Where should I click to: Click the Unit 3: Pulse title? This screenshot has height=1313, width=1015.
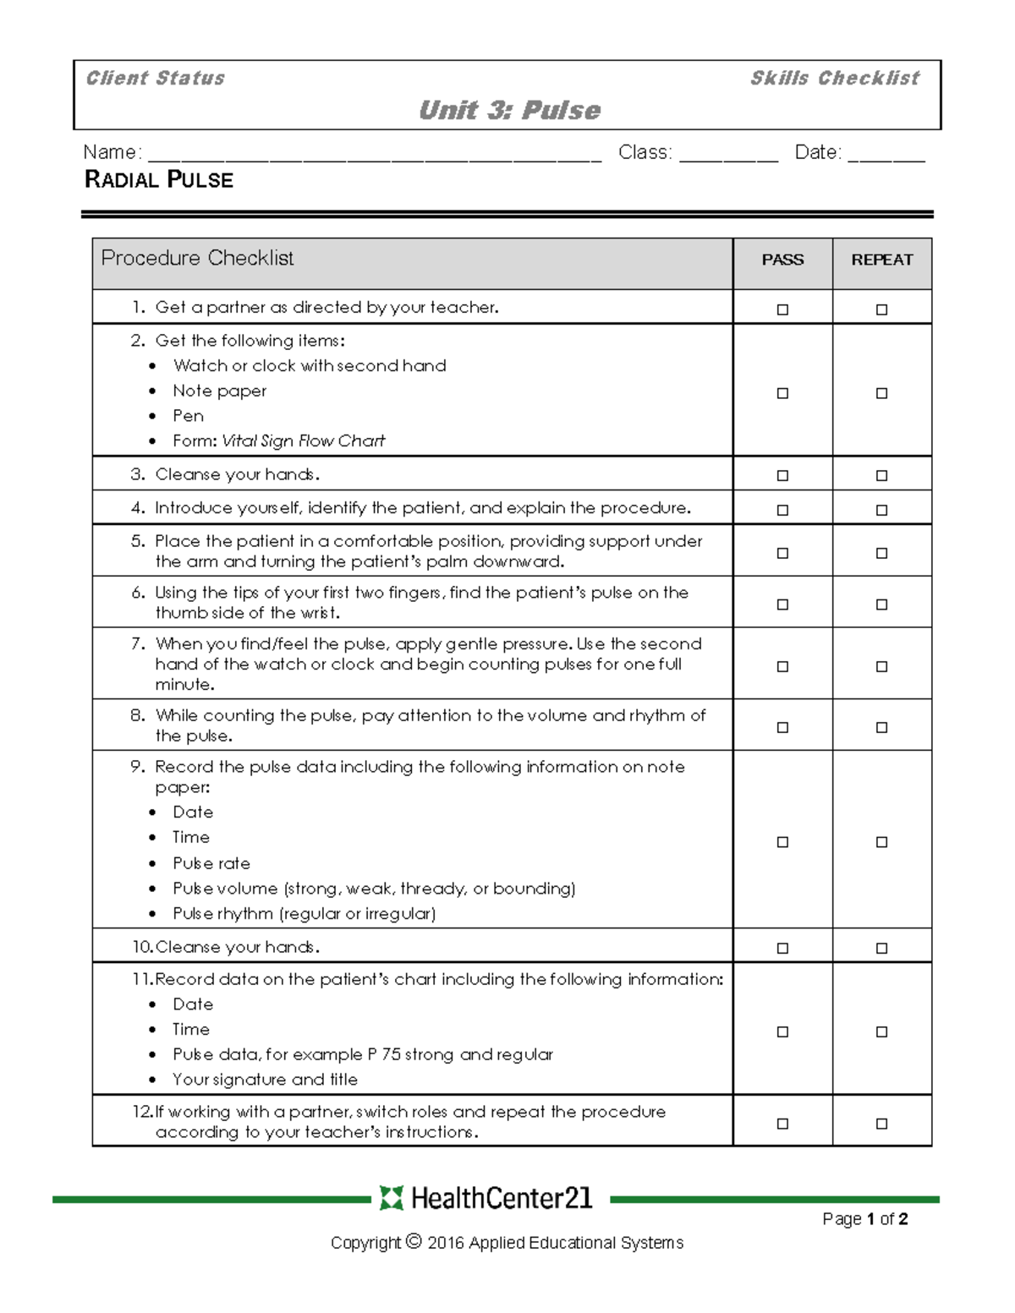click(509, 111)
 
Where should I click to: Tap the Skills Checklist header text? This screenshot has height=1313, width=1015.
click(834, 79)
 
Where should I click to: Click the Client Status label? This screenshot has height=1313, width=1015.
click(156, 79)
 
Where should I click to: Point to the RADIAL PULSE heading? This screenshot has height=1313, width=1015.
click(159, 180)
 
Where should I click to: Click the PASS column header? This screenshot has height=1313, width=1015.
click(782, 260)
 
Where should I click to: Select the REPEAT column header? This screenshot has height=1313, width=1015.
click(881, 260)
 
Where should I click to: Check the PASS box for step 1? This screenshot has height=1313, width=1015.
click(782, 309)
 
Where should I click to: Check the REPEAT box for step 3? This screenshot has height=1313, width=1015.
click(881, 476)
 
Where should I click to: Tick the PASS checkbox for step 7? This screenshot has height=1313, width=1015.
click(782, 666)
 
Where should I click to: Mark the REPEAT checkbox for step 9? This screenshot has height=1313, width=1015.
click(881, 842)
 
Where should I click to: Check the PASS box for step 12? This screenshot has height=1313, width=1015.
click(782, 1124)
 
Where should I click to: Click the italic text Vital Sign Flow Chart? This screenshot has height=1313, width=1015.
click(303, 441)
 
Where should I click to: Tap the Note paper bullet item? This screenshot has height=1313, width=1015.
click(219, 391)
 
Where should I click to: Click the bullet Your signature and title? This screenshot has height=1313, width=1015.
click(265, 1080)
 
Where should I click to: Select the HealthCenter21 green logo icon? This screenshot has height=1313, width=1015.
click(391, 1198)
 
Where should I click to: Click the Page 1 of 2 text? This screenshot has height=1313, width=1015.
click(864, 1219)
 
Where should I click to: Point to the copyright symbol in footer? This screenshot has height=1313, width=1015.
click(414, 1241)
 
